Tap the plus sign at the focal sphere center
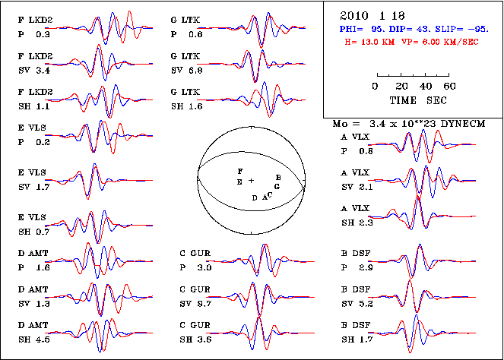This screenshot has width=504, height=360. (x=251, y=181)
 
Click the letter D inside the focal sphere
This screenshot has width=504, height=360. (x=255, y=197)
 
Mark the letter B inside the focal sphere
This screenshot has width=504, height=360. (x=277, y=177)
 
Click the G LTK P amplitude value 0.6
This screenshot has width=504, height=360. (x=195, y=35)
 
